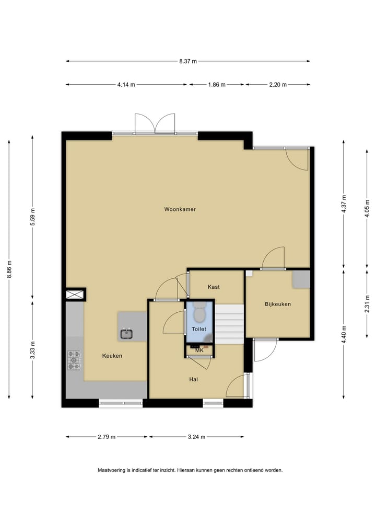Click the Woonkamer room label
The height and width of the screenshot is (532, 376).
point(180,209)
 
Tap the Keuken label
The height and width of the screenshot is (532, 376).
point(112,356)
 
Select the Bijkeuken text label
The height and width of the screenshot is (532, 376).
point(277,304)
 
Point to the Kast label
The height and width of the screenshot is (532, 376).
point(213,287)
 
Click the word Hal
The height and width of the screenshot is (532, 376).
point(193,379)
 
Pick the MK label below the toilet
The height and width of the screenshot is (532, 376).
point(199,350)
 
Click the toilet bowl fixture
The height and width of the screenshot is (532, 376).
point(199,313)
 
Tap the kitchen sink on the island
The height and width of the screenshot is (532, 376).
point(126,333)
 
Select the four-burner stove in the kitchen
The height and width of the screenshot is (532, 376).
point(74,360)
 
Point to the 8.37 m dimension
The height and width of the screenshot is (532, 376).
point(188,61)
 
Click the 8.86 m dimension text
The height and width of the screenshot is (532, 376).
point(9,270)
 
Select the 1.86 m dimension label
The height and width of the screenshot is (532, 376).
point(216,84)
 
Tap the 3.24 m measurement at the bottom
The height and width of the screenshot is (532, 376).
point(196,437)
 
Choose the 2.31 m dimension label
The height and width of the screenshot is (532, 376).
point(368,304)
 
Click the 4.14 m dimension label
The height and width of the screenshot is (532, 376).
point(126,84)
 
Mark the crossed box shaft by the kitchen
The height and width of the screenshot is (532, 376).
point(75,295)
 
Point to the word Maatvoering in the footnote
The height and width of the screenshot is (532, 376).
point(111,470)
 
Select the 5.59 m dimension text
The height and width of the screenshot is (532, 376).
point(32,217)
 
